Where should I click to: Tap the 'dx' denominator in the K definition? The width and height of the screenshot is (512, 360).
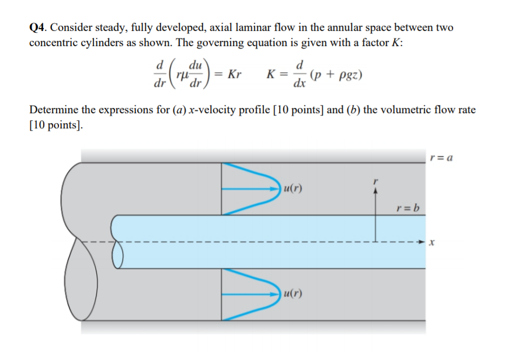[x=299, y=84]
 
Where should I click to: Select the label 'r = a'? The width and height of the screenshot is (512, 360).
[x=441, y=157]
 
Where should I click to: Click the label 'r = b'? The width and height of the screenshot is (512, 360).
[x=407, y=208]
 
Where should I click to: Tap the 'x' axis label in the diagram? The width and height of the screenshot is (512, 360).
[x=433, y=241]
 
